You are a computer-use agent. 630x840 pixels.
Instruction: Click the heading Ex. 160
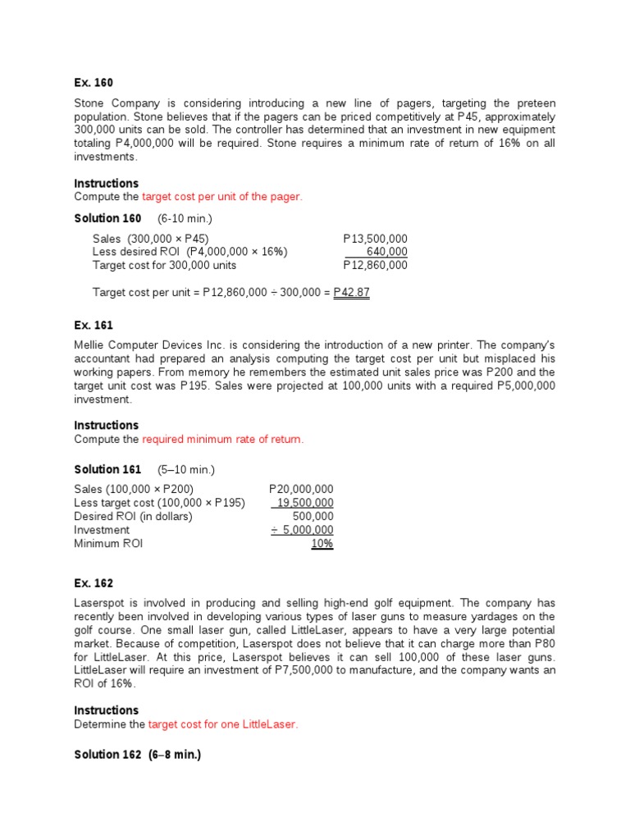[x=94, y=83]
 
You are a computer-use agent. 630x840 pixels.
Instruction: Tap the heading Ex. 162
[x=94, y=583]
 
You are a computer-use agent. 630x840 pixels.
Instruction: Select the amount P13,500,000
[x=375, y=238]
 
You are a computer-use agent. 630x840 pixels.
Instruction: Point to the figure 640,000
[x=386, y=252]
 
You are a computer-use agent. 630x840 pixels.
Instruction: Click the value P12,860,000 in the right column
[x=375, y=265]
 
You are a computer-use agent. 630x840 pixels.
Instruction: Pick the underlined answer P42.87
[x=351, y=293]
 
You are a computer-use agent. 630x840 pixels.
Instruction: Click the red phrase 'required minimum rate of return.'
[x=222, y=440]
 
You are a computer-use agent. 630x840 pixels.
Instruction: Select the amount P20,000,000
[x=301, y=489]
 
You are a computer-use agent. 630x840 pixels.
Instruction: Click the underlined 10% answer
[x=322, y=544]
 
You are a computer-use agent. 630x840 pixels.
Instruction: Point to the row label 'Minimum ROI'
[x=108, y=544]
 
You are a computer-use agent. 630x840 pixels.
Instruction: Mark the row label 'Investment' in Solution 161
[x=102, y=530]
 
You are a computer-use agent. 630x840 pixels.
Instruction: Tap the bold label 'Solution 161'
[x=107, y=469]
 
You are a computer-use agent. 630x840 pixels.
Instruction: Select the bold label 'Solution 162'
[x=107, y=755]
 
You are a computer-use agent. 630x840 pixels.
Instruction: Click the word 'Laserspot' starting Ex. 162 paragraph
[x=100, y=603]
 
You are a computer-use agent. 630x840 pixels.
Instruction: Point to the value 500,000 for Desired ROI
[x=313, y=517]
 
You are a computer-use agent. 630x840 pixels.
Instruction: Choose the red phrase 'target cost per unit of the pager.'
[x=221, y=197]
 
